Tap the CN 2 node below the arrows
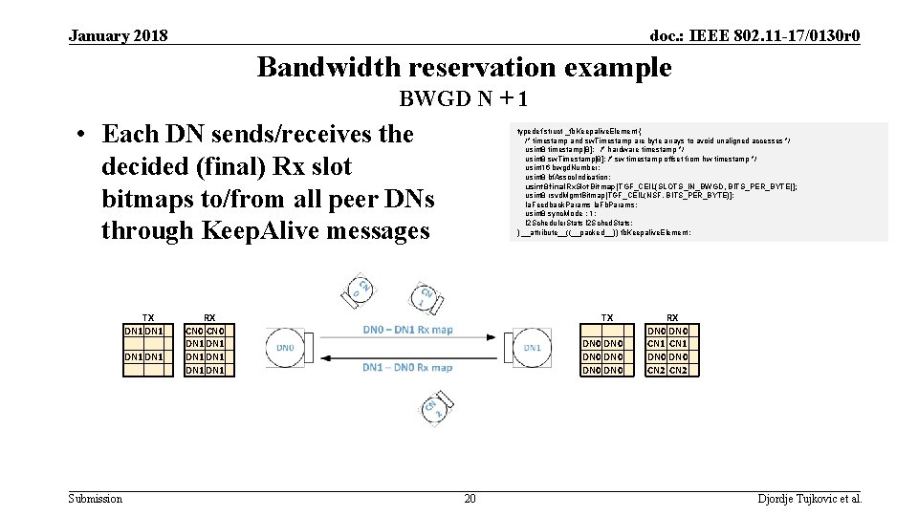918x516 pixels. click(x=429, y=408)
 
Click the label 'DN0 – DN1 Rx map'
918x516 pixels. click(x=408, y=330)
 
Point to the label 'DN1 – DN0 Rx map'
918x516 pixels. click(x=408, y=367)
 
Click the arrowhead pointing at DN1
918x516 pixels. click(x=493, y=337)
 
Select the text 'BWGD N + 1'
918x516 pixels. click(x=464, y=99)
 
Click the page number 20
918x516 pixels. click(x=470, y=498)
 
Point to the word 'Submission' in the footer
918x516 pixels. click(x=96, y=498)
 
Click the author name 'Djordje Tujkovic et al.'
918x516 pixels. click(x=810, y=498)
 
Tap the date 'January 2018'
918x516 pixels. click(x=119, y=36)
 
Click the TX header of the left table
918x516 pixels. click(x=148, y=318)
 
